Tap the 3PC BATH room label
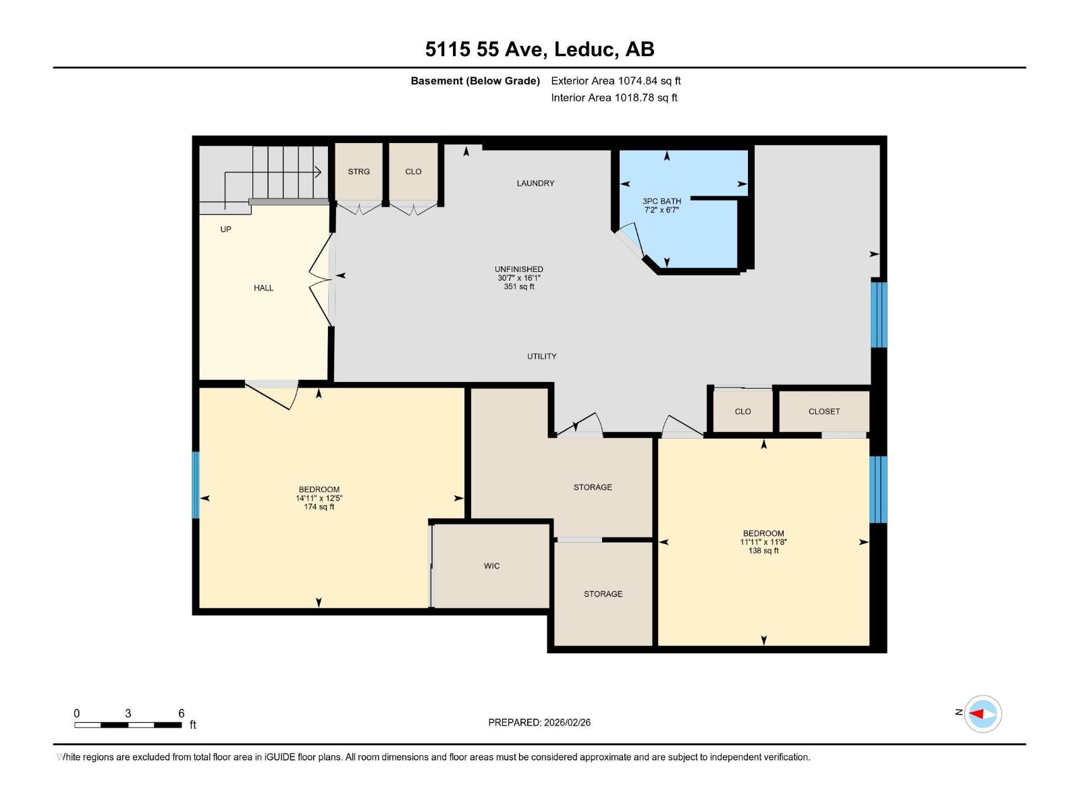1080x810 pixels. click(661, 201)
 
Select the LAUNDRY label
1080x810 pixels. click(535, 183)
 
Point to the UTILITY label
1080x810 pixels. click(541, 356)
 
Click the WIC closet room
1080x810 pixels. click(491, 566)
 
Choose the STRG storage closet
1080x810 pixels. click(358, 171)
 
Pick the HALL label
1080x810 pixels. click(263, 288)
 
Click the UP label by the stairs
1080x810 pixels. click(225, 230)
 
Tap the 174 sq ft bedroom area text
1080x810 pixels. click(319, 507)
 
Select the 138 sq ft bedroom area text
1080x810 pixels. click(763, 551)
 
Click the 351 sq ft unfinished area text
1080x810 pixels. click(518, 287)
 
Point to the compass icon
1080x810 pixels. click(982, 713)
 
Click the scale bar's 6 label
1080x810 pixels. click(181, 713)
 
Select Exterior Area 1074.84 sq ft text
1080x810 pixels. click(616, 81)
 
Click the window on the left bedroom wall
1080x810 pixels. click(196, 485)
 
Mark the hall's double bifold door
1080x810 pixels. click(321, 280)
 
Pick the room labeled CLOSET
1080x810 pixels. click(824, 411)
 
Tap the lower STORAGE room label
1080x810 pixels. click(603, 594)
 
